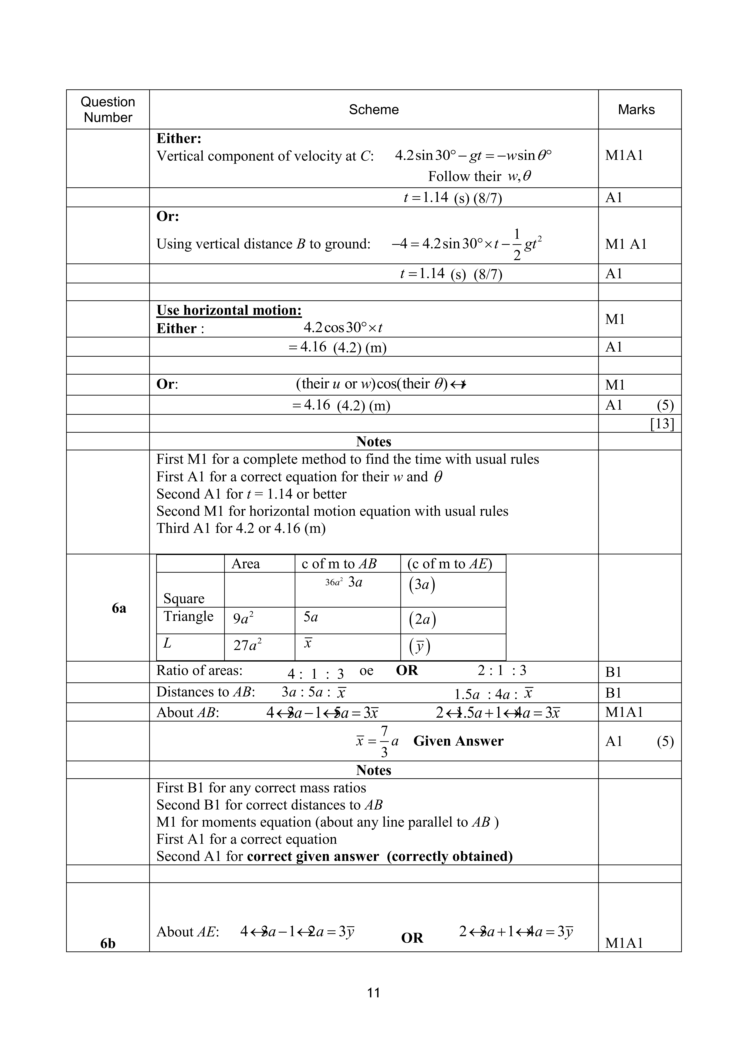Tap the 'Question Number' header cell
click(x=108, y=110)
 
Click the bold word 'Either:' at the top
click(x=179, y=138)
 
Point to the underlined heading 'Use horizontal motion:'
click(x=229, y=310)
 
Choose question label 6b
click(x=108, y=944)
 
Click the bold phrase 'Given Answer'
click(x=458, y=741)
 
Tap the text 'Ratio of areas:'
click(x=199, y=670)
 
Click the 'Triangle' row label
click(x=188, y=616)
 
